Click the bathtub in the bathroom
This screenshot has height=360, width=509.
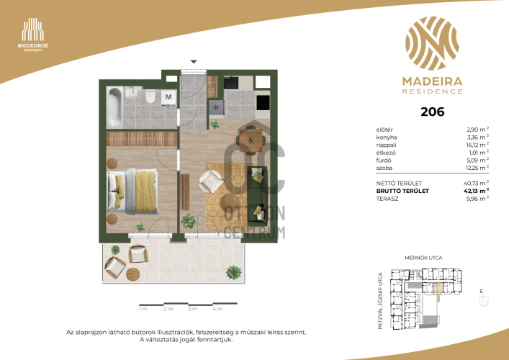click(115, 107)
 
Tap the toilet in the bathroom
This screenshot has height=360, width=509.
click(150, 96)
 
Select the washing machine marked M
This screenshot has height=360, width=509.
click(168, 97)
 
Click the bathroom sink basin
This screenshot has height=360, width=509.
click(133, 92)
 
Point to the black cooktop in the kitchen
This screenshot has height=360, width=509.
click(263, 102)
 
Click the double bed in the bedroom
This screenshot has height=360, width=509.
click(132, 192)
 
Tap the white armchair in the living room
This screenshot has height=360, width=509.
click(211, 181)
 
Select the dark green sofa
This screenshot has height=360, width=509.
click(257, 196)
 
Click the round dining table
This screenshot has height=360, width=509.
click(251, 140)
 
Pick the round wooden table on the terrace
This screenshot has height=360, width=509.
click(132, 274)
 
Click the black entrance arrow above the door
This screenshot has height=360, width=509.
click(194, 62)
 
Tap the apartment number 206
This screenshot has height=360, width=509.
click(433, 112)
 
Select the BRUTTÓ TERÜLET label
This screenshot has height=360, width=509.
click(402, 192)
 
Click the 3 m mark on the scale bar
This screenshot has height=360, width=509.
click(192, 309)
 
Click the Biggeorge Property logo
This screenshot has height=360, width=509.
click(33, 35)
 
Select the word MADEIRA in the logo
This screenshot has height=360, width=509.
click(433, 81)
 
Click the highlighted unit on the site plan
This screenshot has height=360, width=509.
click(438, 288)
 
